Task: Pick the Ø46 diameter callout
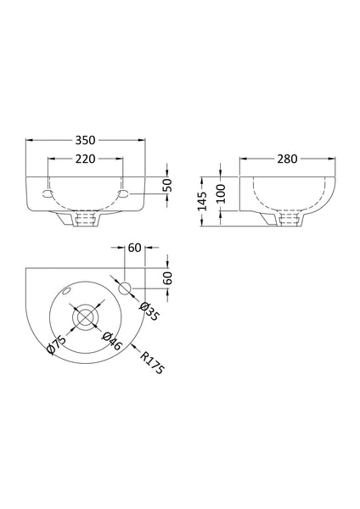click(110, 340)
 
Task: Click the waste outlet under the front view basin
click(86, 220)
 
